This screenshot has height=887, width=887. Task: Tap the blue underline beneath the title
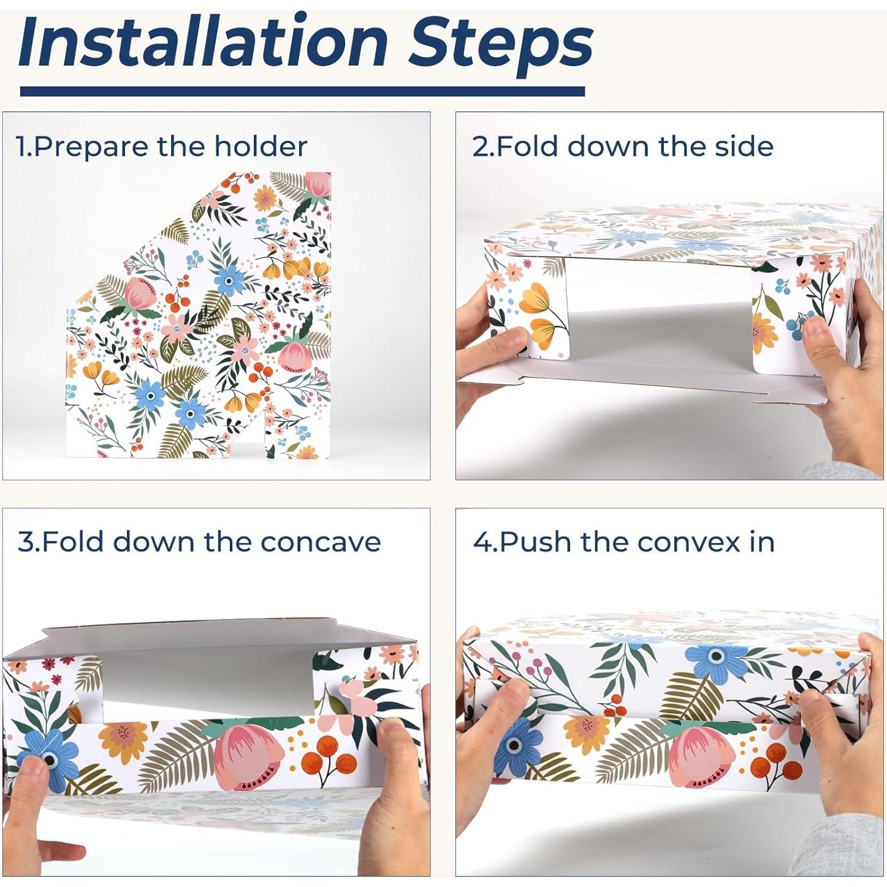coord(302,91)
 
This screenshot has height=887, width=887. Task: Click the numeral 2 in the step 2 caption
coord(480,147)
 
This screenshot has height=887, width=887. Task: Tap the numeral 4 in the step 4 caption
coord(481,542)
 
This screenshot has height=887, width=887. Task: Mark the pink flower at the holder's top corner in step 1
coord(318,183)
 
